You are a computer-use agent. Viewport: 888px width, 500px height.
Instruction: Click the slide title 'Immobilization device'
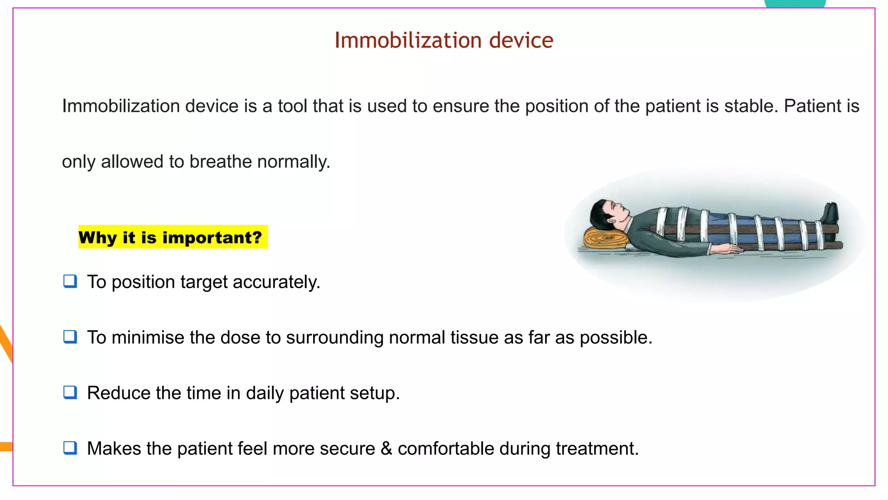444,40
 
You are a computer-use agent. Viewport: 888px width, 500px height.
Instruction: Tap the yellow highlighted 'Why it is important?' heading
170,237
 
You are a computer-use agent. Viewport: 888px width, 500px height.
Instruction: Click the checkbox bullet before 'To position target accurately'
70,281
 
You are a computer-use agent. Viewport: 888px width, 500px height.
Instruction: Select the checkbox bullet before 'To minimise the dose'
70,337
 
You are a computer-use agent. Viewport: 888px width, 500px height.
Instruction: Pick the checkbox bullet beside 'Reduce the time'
70,392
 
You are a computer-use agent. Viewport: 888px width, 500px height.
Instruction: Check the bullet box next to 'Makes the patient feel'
70,448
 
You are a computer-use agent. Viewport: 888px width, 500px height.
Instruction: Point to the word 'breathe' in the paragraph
221,162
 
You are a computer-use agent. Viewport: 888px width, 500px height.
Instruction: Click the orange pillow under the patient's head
605,239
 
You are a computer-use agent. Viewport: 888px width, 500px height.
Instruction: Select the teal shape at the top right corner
795,3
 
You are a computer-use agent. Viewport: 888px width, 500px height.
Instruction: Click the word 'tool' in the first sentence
293,106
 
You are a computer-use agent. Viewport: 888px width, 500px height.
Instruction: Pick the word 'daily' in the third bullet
264,393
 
